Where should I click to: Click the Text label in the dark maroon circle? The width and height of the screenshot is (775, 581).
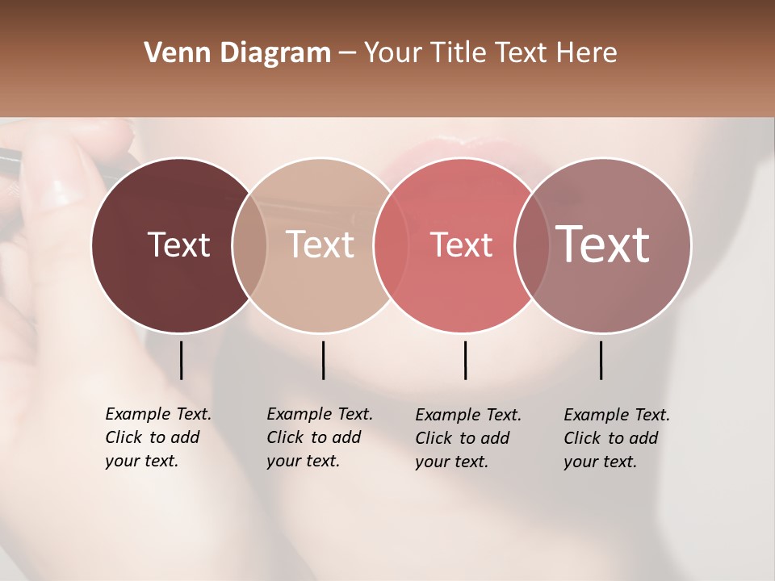coord(178,245)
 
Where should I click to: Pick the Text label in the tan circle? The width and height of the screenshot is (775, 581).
coord(320,245)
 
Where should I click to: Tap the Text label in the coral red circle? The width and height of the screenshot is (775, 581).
coord(462,245)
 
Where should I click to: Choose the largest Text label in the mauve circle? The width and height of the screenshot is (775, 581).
coord(603,245)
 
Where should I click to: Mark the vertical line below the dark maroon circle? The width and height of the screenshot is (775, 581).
coord(181,360)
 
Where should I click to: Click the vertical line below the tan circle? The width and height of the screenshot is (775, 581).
coord(323,360)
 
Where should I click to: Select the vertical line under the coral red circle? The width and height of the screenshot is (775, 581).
coord(465,360)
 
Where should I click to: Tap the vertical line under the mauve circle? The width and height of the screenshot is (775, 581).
coord(601,360)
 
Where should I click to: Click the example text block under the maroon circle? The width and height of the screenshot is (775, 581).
coord(157,437)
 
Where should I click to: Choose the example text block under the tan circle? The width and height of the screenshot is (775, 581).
coord(319,437)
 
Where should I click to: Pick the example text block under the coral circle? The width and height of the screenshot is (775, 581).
coord(467,438)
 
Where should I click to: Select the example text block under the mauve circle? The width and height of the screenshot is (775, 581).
coord(616,438)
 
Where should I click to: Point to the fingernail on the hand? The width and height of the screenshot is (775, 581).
coord(61,190)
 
